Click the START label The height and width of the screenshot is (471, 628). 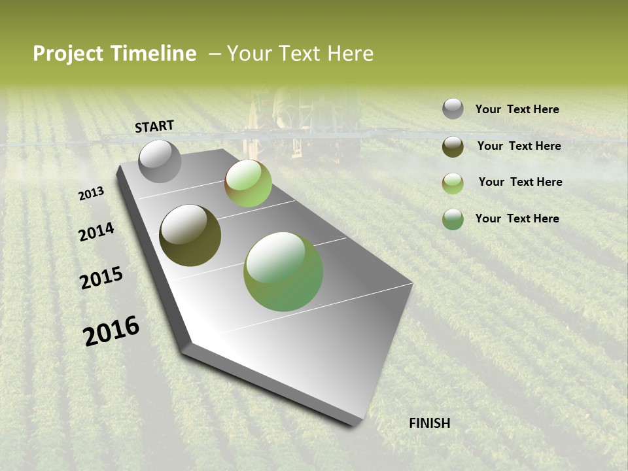tap(154, 126)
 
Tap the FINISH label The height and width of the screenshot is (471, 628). tap(429, 423)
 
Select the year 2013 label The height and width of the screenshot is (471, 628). tap(92, 194)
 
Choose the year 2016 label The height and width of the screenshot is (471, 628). tap(111, 331)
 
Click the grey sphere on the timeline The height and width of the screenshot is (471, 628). tap(160, 161)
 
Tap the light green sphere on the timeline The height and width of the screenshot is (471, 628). tap(248, 183)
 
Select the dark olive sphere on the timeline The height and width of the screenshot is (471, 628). tap(190, 235)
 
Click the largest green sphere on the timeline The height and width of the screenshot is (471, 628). tap(283, 271)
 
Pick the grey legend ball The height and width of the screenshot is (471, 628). tap(453, 109)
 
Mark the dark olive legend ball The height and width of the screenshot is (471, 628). tap(453, 147)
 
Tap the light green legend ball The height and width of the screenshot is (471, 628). tap(453, 183)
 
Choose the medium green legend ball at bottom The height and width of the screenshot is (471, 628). tap(453, 219)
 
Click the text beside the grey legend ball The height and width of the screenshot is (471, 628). tap(517, 110)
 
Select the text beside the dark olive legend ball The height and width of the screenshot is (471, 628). tap(519, 146)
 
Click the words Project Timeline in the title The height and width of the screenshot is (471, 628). tap(114, 54)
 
